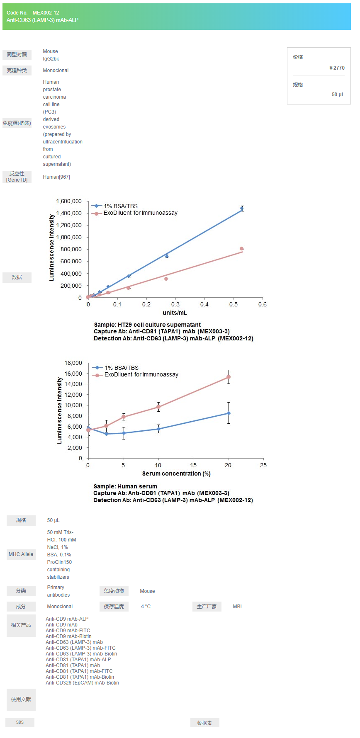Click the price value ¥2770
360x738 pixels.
pyautogui.click(x=337, y=68)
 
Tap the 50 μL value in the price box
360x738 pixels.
pyautogui.click(x=338, y=95)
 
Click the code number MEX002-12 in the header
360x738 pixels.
pyautogui.click(x=46, y=13)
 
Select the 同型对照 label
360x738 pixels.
pyautogui.click(x=17, y=55)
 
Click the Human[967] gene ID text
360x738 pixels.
pyautogui.click(x=56, y=177)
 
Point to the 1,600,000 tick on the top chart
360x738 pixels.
pyautogui.click(x=69, y=201)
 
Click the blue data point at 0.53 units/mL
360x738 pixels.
pyautogui.click(x=242, y=209)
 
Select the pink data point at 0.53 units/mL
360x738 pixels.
pyautogui.click(x=242, y=249)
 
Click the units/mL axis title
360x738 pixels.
pyautogui.click(x=175, y=313)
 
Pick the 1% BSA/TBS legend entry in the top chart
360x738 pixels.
pyautogui.click(x=120, y=206)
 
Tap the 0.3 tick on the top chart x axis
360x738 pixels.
pyautogui.click(x=175, y=304)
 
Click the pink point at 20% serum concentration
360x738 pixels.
pyautogui.click(x=229, y=377)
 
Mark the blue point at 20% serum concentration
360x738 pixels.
pyautogui.click(x=229, y=413)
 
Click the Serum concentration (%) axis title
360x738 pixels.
pyautogui.click(x=176, y=473)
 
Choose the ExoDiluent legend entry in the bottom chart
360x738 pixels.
pyautogui.click(x=141, y=374)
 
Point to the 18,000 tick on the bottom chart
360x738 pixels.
pyautogui.click(x=73, y=363)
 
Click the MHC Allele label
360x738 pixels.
pyautogui.click(x=21, y=554)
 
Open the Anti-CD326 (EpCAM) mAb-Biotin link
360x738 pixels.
pyautogui.click(x=82, y=683)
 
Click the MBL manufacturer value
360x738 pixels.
pyautogui.click(x=238, y=607)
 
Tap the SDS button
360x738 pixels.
pyautogui.click(x=20, y=722)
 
